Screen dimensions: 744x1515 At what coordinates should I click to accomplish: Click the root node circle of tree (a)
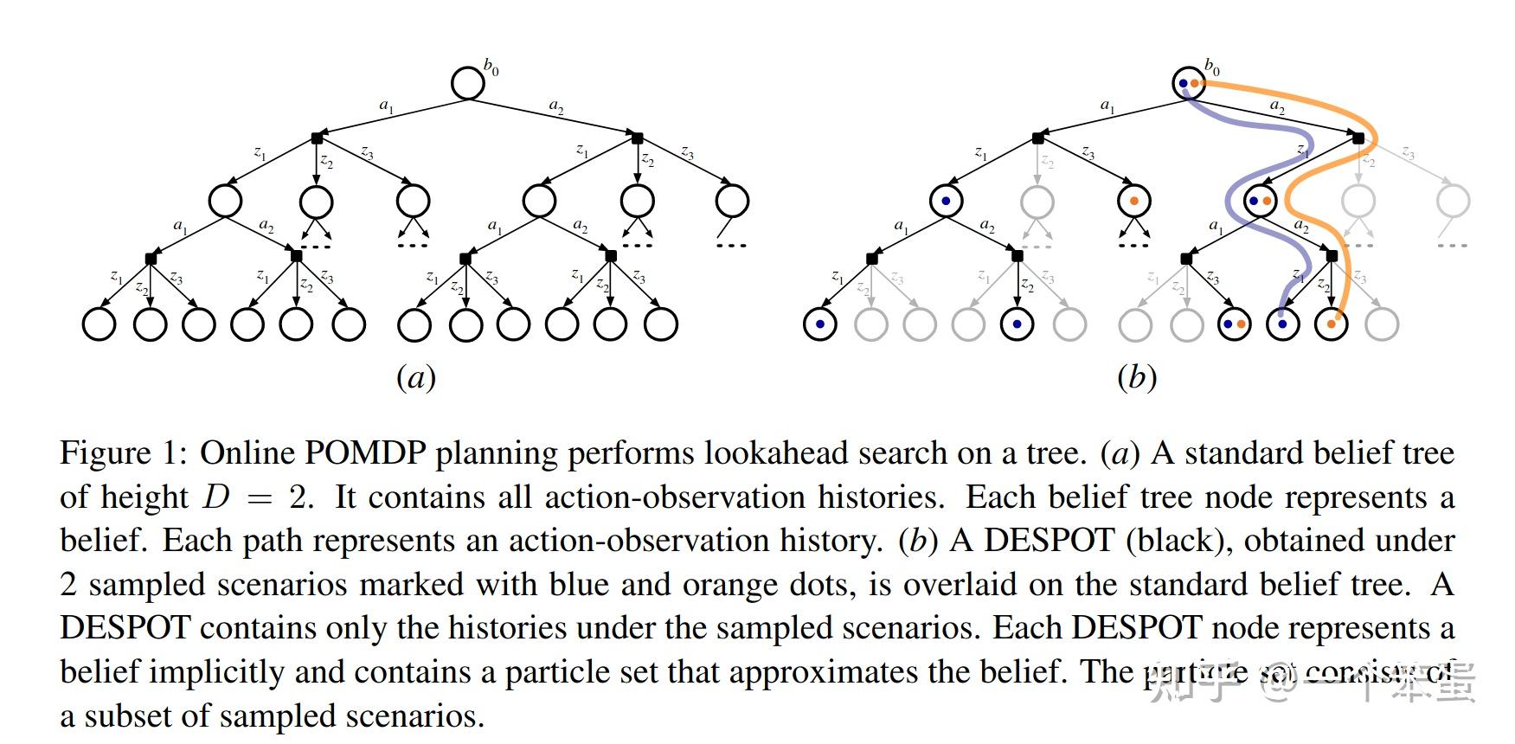click(x=468, y=83)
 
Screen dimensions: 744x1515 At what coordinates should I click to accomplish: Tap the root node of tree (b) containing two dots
click(x=1189, y=83)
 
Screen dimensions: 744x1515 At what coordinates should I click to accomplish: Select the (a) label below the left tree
click(x=415, y=377)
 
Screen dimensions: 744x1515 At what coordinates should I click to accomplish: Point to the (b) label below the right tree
click(x=1136, y=377)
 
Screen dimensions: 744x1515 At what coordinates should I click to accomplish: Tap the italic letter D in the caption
click(x=216, y=497)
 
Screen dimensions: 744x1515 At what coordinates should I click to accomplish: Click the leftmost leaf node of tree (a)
click(x=99, y=324)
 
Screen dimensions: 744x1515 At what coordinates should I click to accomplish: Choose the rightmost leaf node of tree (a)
click(x=661, y=324)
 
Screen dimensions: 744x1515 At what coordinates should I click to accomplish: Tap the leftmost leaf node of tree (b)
click(x=819, y=324)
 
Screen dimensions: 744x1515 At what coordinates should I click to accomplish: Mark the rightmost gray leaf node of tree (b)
click(x=1382, y=324)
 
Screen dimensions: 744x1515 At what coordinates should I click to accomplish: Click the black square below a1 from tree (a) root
click(x=317, y=138)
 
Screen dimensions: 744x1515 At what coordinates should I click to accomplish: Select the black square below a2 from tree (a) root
click(x=638, y=138)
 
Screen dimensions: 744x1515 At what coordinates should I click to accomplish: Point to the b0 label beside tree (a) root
click(x=491, y=67)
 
